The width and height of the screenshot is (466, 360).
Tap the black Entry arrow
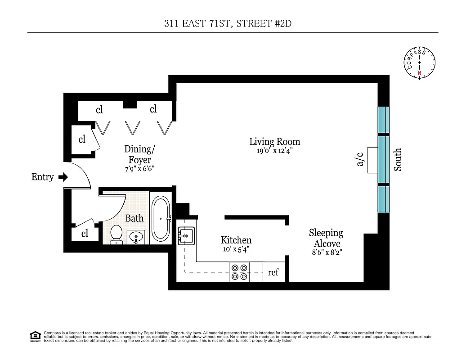tap(63, 177)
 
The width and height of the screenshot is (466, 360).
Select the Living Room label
tap(274, 142)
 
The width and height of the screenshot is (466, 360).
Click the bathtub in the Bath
tap(161, 218)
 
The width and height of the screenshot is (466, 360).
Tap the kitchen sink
tap(186, 235)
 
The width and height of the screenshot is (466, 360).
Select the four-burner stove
tap(239, 272)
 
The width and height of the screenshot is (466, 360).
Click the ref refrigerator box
tap(273, 272)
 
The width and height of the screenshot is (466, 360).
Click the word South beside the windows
tap(398, 160)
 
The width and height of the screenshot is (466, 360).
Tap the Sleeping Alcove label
tap(326, 238)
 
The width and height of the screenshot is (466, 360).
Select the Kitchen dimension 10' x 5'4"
tap(236, 248)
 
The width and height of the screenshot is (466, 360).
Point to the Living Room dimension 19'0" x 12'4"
tap(274, 151)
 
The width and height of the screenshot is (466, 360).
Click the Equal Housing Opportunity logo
tap(35, 336)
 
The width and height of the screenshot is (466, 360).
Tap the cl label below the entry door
tap(85, 234)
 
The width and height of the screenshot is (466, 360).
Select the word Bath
tap(134, 218)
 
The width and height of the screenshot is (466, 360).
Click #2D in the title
tap(282, 24)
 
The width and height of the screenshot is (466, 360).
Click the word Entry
tap(42, 177)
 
